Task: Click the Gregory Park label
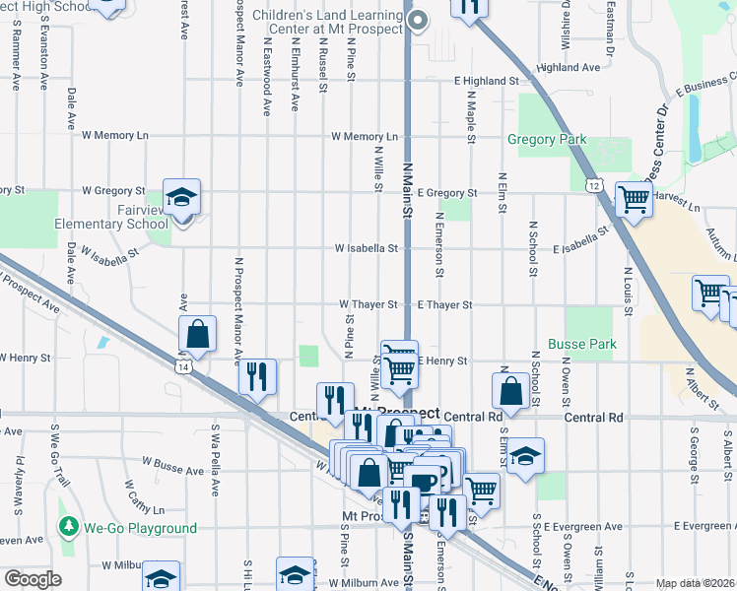pyautogui.click(x=547, y=140)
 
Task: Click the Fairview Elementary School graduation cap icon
pyautogui.click(x=181, y=199)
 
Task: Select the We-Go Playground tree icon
pyautogui.click(x=67, y=528)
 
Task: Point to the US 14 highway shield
pyautogui.click(x=184, y=366)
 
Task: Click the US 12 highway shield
pyautogui.click(x=592, y=184)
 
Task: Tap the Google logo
pyautogui.click(x=33, y=579)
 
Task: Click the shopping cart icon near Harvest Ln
pyautogui.click(x=635, y=201)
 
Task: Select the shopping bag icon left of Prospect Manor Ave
pyautogui.click(x=198, y=335)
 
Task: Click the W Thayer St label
pyautogui.click(x=368, y=305)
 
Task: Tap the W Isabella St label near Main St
pyautogui.click(x=366, y=249)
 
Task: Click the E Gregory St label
pyautogui.click(x=447, y=193)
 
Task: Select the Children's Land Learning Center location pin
pyautogui.click(x=418, y=20)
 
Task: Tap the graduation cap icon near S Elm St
pyautogui.click(x=525, y=456)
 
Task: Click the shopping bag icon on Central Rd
pyautogui.click(x=512, y=390)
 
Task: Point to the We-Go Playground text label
pyautogui.click(x=139, y=529)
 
